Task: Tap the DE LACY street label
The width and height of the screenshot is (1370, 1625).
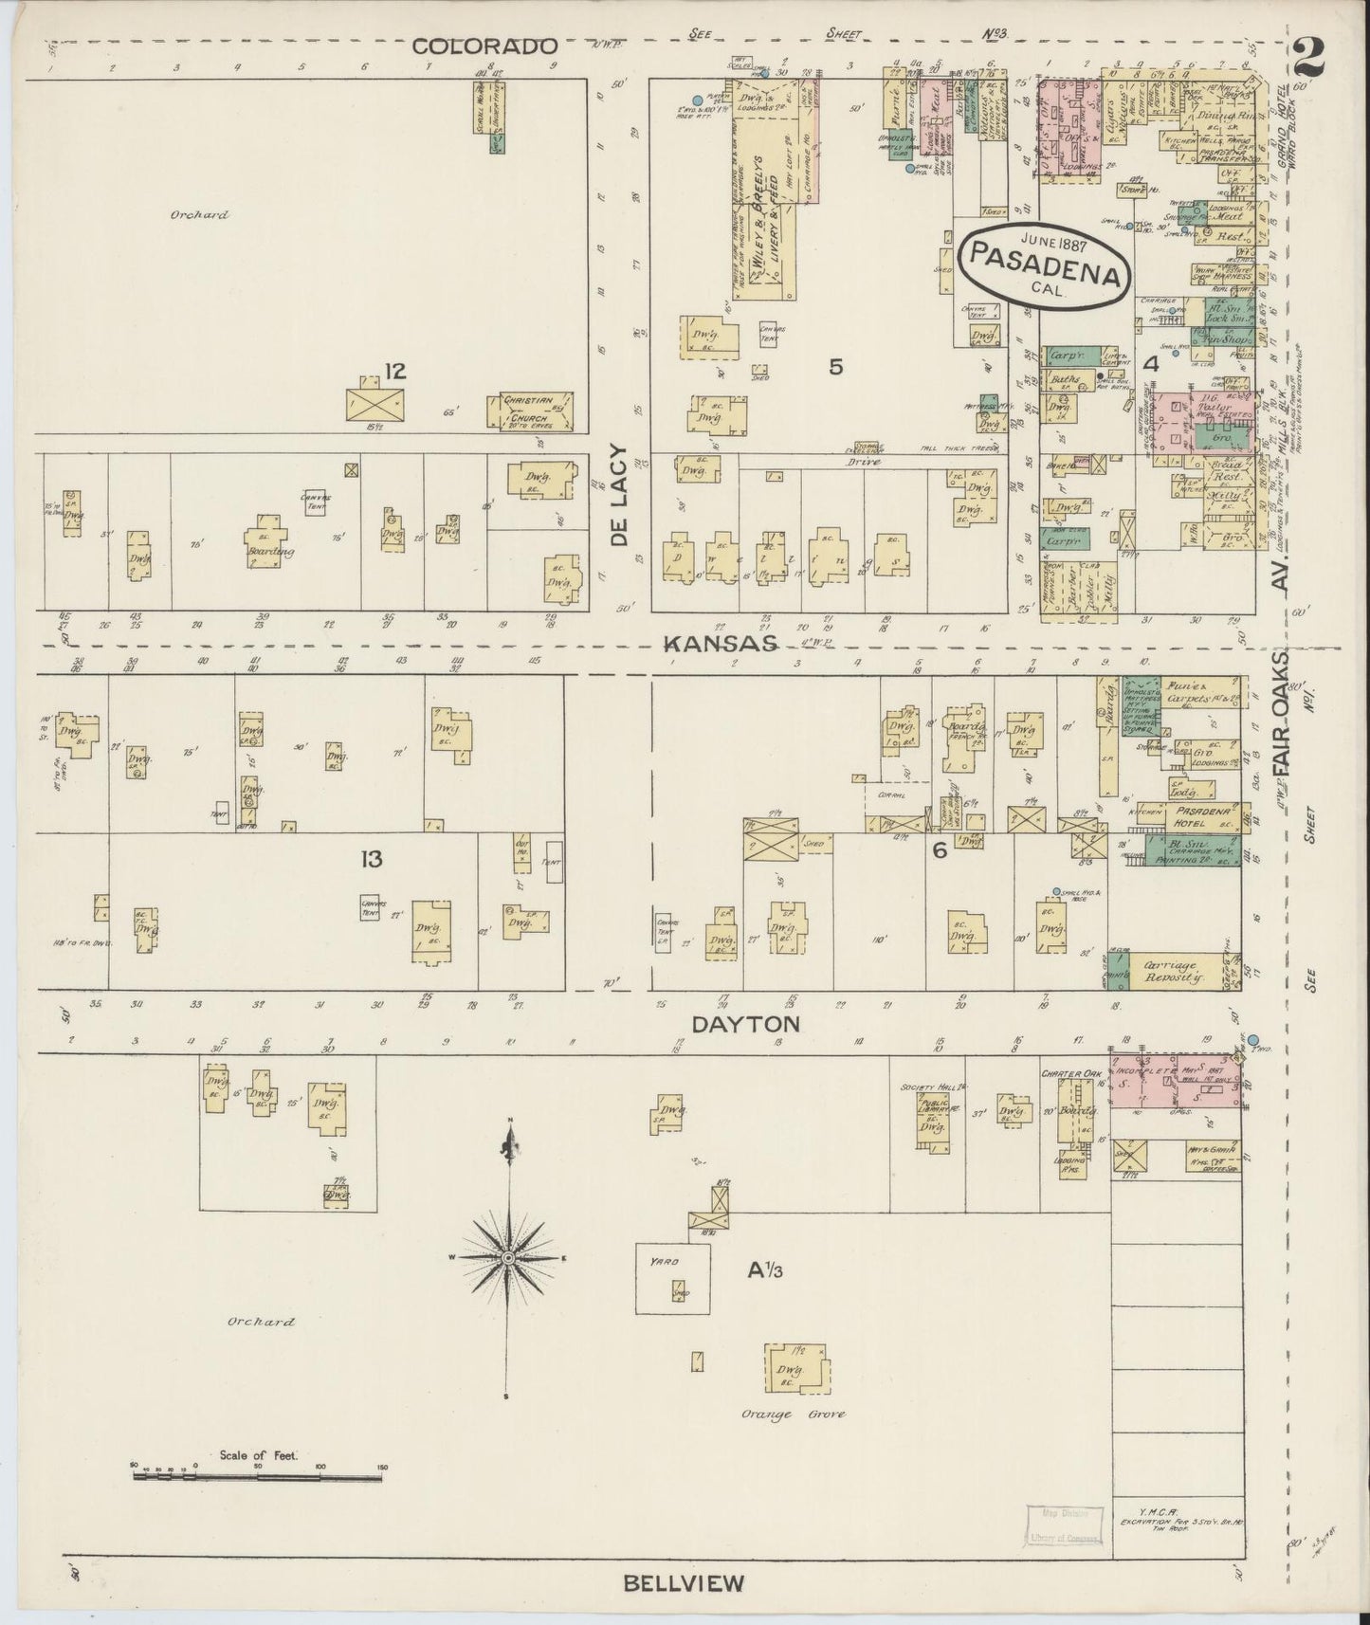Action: click(620, 495)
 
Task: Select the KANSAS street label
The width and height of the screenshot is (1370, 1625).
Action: click(720, 644)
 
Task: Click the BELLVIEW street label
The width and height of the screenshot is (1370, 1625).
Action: click(684, 1582)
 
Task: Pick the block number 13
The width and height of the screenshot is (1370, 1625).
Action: click(371, 859)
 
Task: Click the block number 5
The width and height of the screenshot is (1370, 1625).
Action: click(835, 367)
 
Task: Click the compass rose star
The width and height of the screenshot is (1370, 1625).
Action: click(509, 1257)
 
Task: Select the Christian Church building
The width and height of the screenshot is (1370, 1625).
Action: click(527, 410)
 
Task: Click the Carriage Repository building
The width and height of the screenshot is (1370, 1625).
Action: click(1173, 970)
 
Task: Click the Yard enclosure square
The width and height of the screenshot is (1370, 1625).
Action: click(672, 1279)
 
